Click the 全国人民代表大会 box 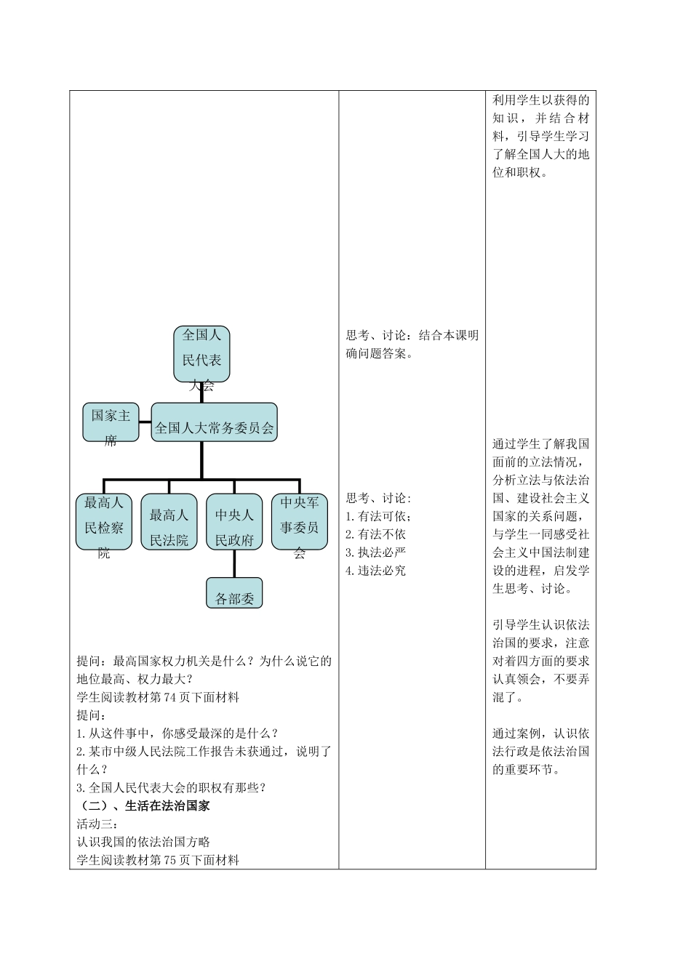(201, 354)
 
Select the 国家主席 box (111, 422)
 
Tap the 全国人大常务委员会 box (215, 422)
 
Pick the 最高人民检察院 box (104, 522)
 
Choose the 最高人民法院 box (169, 522)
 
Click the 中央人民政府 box (234, 522)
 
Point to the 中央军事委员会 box (300, 522)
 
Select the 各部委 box (234, 592)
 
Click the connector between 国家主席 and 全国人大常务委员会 (145, 422)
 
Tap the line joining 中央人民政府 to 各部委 (234, 563)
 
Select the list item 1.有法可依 (378, 516)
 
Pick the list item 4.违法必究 (376, 571)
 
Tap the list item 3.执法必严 (376, 552)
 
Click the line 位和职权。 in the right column (520, 173)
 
